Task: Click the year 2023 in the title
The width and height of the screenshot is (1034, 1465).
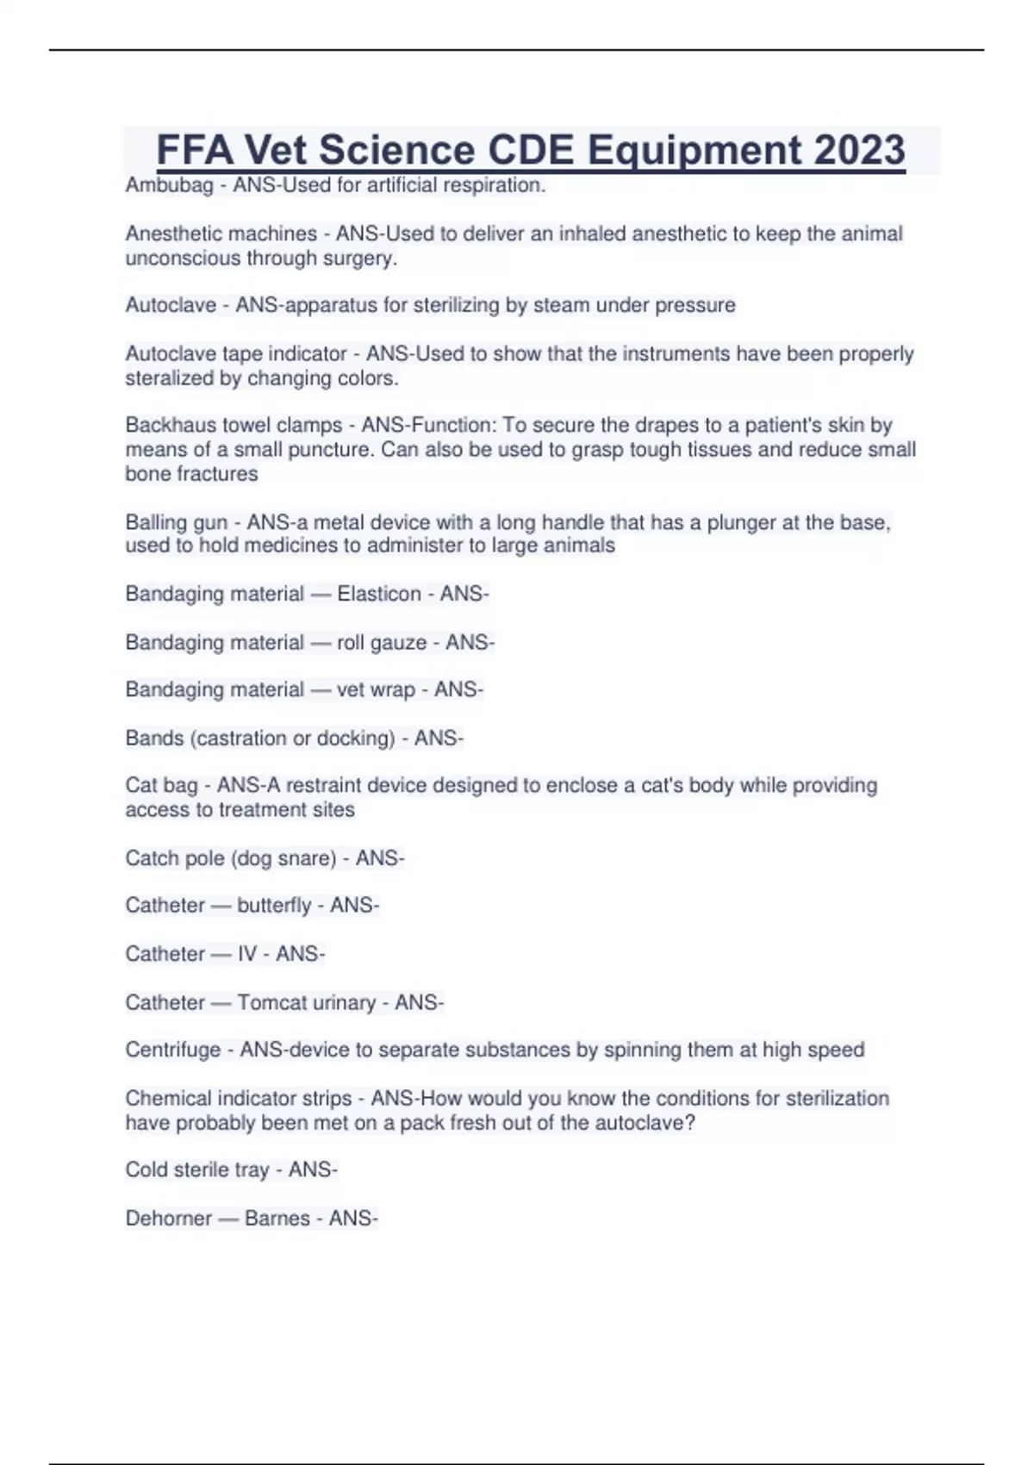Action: [859, 150]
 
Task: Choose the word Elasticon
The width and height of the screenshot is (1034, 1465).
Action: [379, 594]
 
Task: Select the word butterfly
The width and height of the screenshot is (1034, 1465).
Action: [274, 906]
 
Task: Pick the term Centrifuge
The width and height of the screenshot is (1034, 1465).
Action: [173, 1050]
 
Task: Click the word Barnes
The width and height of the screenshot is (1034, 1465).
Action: [277, 1219]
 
